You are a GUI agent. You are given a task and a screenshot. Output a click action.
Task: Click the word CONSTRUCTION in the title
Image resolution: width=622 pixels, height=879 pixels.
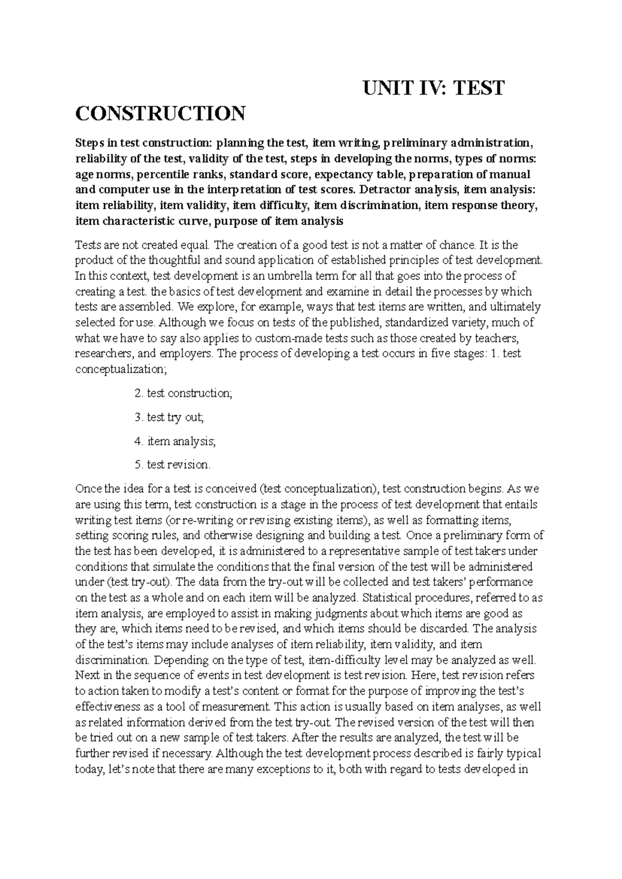tap(160, 113)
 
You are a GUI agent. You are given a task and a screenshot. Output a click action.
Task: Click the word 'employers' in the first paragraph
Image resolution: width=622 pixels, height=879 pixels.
tap(185, 354)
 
